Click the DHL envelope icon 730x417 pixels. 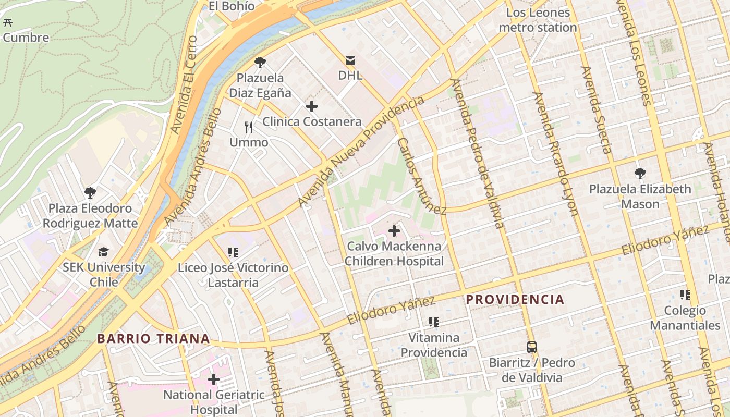(350, 60)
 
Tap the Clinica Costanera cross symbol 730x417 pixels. (312, 107)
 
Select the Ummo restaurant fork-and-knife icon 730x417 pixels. (249, 127)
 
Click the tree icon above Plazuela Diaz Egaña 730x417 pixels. (260, 63)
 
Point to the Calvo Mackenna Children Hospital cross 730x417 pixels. (394, 230)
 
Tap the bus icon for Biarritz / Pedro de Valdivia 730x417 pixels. (532, 347)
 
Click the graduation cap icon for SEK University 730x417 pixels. (104, 252)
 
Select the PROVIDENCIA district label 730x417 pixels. (515, 300)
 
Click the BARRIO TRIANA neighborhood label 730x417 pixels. (153, 339)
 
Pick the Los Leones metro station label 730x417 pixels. (538, 20)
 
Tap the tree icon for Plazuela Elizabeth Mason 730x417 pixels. (640, 174)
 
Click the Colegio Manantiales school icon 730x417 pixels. (685, 295)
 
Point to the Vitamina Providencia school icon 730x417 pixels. (433, 322)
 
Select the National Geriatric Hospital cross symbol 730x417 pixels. (214, 379)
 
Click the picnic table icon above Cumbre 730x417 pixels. (8, 23)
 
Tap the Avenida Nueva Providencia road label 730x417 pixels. (361, 151)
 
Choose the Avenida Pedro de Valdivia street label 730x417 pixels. (478, 153)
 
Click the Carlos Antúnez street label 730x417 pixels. (421, 176)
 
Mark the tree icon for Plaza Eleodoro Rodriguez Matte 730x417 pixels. (90, 193)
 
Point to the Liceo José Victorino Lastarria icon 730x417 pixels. (233, 253)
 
